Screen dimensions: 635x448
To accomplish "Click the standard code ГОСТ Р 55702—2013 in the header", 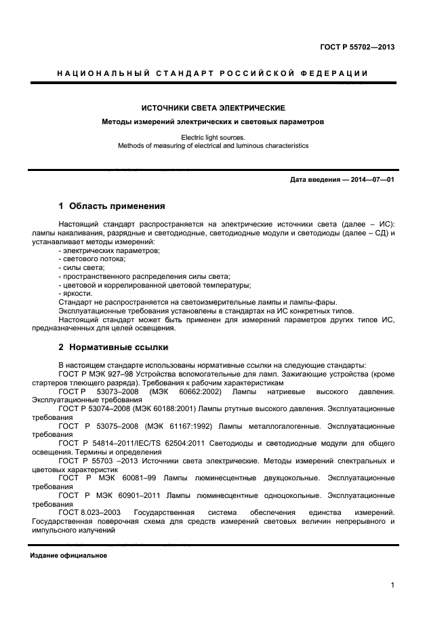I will click(357, 47).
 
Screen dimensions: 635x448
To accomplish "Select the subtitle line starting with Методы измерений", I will click(213, 122).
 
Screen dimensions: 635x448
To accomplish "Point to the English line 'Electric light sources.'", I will click(213, 137).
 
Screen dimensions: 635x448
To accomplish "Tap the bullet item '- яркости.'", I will click(76, 294).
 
